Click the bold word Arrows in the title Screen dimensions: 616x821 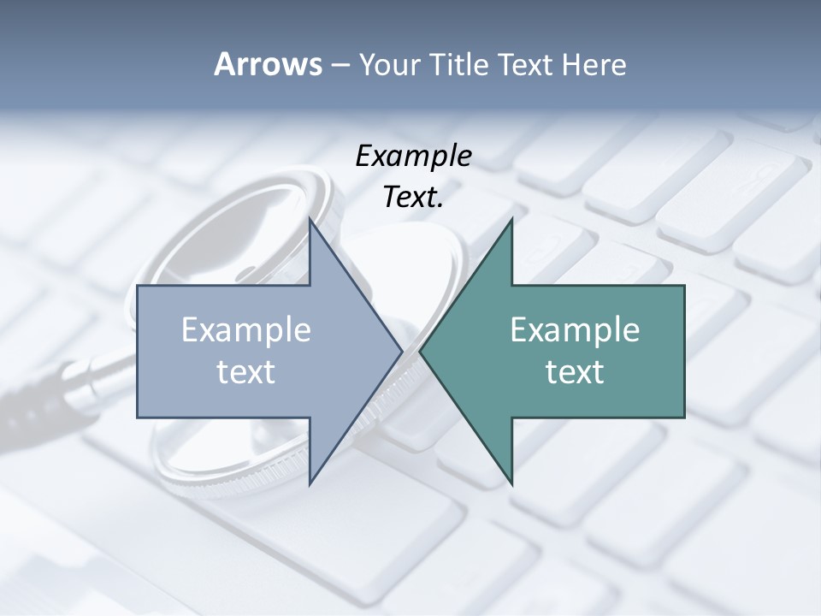pyautogui.click(x=267, y=64)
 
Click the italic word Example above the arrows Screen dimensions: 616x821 pyautogui.click(x=414, y=157)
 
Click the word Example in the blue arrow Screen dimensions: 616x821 pyautogui.click(x=245, y=330)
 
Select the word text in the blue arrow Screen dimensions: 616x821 pyautogui.click(x=245, y=371)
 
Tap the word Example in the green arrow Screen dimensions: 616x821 pyautogui.click(x=575, y=330)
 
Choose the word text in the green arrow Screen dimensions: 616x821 pyautogui.click(x=575, y=371)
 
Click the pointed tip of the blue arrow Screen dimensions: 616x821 pyautogui.click(x=401, y=351)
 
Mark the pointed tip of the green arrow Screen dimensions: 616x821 pyautogui.click(x=421, y=351)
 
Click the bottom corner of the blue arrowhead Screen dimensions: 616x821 pyautogui.click(x=310, y=483)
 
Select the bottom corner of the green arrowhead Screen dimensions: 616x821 pyautogui.click(x=511, y=483)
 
